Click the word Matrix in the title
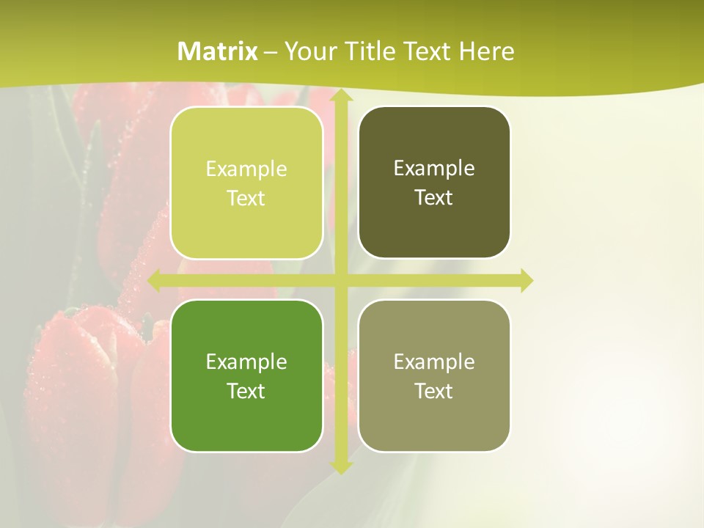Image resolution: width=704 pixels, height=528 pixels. (x=218, y=51)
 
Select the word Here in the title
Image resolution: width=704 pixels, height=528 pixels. (x=486, y=51)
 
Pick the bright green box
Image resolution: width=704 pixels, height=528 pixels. (x=246, y=418)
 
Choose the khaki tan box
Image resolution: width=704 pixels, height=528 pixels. (x=434, y=418)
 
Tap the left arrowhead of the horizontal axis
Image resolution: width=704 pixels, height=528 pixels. (x=155, y=280)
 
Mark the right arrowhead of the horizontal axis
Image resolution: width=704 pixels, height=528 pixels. (x=526, y=280)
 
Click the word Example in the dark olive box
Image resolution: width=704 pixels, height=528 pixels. (x=434, y=169)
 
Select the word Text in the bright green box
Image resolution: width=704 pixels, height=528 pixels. (x=246, y=391)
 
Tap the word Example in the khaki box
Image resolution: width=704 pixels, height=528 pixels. (x=434, y=362)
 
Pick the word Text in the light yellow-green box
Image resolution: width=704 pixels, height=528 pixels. (x=246, y=198)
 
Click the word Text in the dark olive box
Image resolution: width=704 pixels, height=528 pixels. (x=434, y=197)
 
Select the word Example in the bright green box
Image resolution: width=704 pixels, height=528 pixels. (x=246, y=362)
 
